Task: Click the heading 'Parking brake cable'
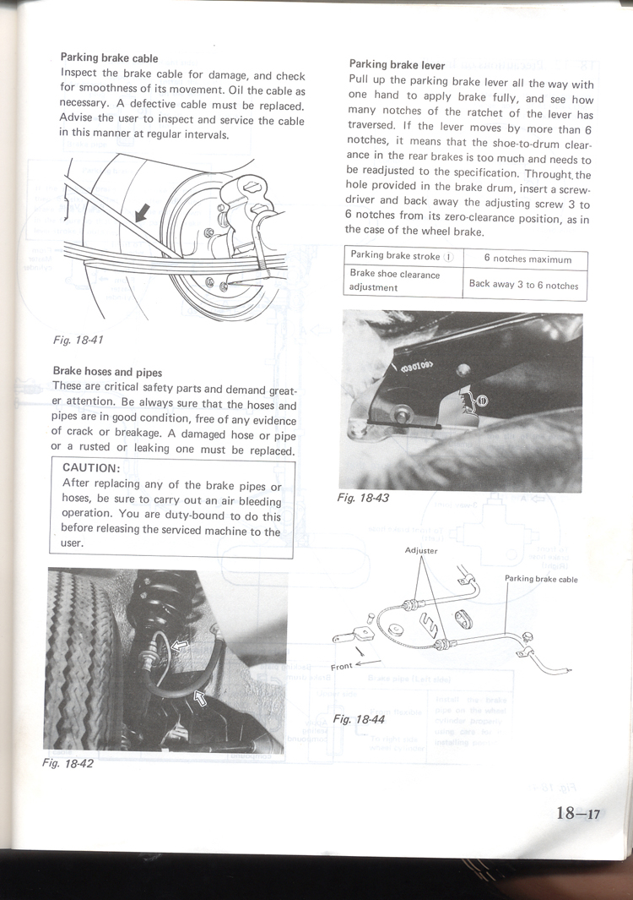tap(109, 58)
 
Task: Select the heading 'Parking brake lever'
tap(397, 65)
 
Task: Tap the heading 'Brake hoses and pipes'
tap(107, 372)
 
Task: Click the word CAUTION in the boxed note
tap(91, 468)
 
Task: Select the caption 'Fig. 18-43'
tap(362, 498)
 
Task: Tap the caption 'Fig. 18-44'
tap(359, 719)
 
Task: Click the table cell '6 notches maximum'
tap(527, 259)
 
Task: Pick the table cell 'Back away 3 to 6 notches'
tap(523, 285)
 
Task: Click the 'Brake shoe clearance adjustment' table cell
tap(395, 281)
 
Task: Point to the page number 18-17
tap(577, 814)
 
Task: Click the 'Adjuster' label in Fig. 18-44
tap(421, 550)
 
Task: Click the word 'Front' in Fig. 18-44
tap(342, 667)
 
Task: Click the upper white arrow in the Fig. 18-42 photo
tap(180, 646)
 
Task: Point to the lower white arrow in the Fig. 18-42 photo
tap(202, 698)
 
